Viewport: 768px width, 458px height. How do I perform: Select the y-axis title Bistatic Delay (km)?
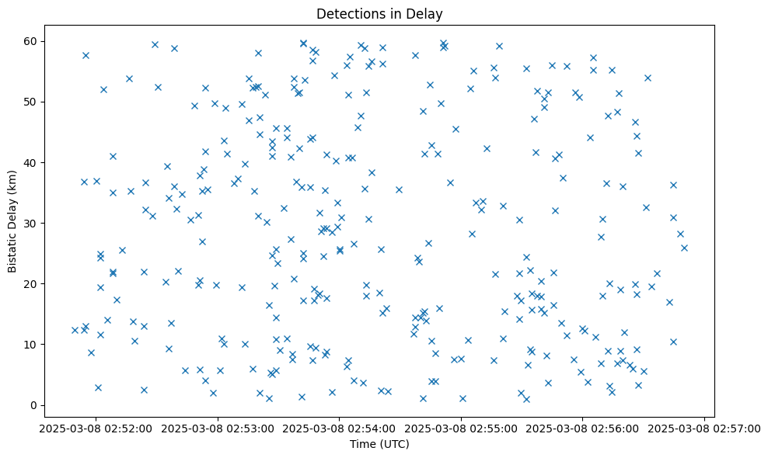[x=12, y=221]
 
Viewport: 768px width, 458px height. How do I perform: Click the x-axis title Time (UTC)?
[x=379, y=444]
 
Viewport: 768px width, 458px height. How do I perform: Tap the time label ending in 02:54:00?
[x=339, y=427]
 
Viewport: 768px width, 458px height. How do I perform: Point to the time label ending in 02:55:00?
[x=461, y=427]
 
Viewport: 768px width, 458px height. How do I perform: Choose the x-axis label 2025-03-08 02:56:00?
[x=583, y=427]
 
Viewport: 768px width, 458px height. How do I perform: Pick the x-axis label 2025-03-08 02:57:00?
[x=705, y=427]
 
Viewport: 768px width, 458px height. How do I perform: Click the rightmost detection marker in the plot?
[x=684, y=248]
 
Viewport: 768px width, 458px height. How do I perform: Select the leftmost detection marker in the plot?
[x=75, y=330]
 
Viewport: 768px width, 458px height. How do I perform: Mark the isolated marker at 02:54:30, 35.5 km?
[x=399, y=189]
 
